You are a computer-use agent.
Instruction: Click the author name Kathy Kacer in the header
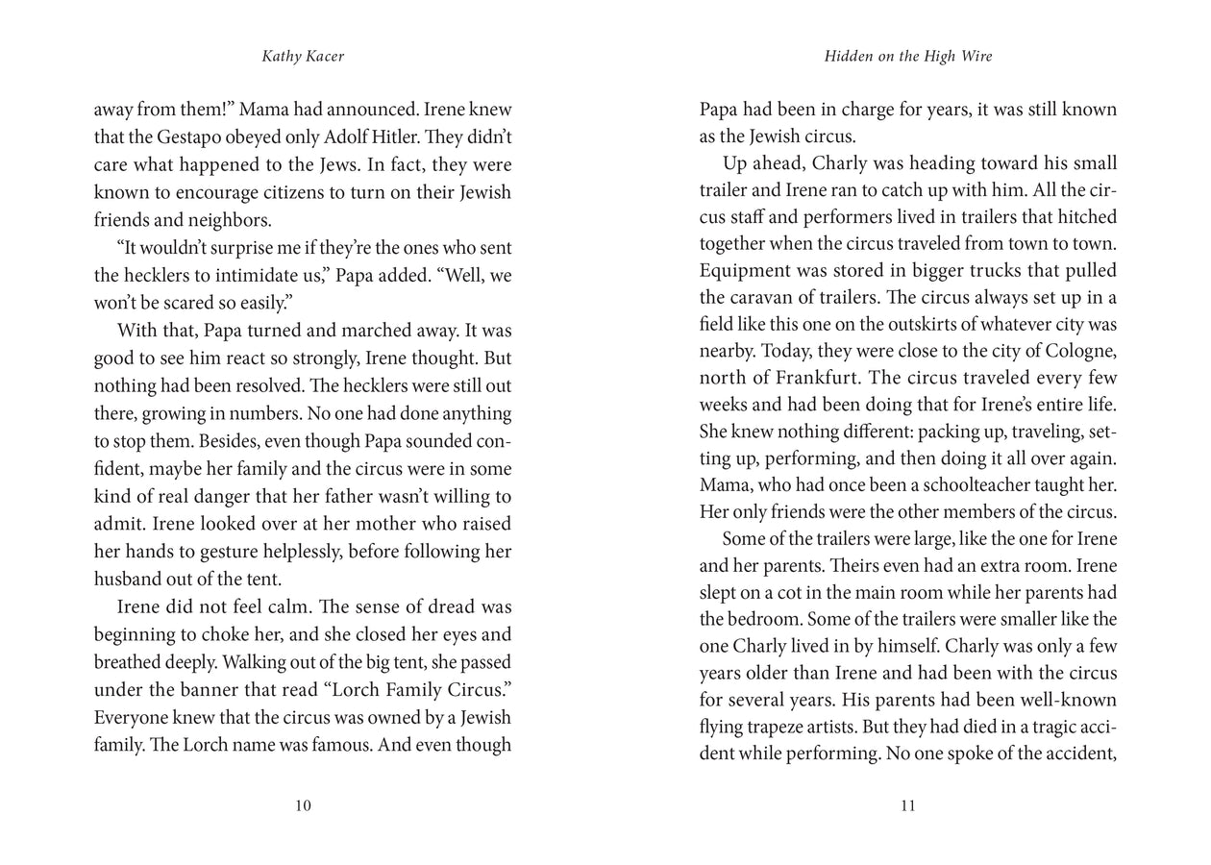[x=303, y=57]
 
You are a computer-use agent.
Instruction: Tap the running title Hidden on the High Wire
[x=908, y=57]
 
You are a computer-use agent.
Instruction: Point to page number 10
[x=303, y=806]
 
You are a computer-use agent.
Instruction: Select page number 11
[x=908, y=806]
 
